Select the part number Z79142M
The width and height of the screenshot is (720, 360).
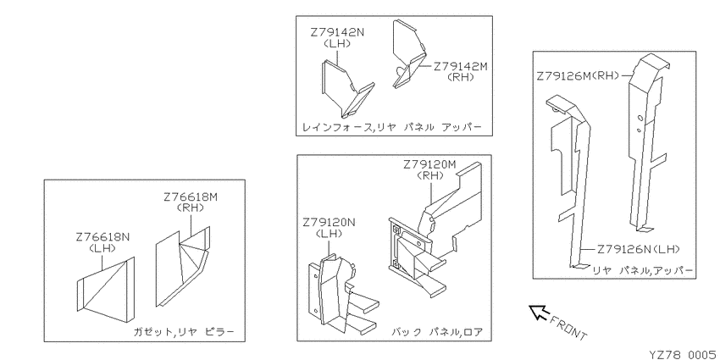coord(463,65)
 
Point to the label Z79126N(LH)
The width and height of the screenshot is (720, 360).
coord(640,249)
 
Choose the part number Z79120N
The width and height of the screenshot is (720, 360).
coord(330,223)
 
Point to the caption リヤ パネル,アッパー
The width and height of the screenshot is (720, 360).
coord(644,269)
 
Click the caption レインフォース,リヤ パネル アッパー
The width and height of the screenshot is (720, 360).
coord(391,127)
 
